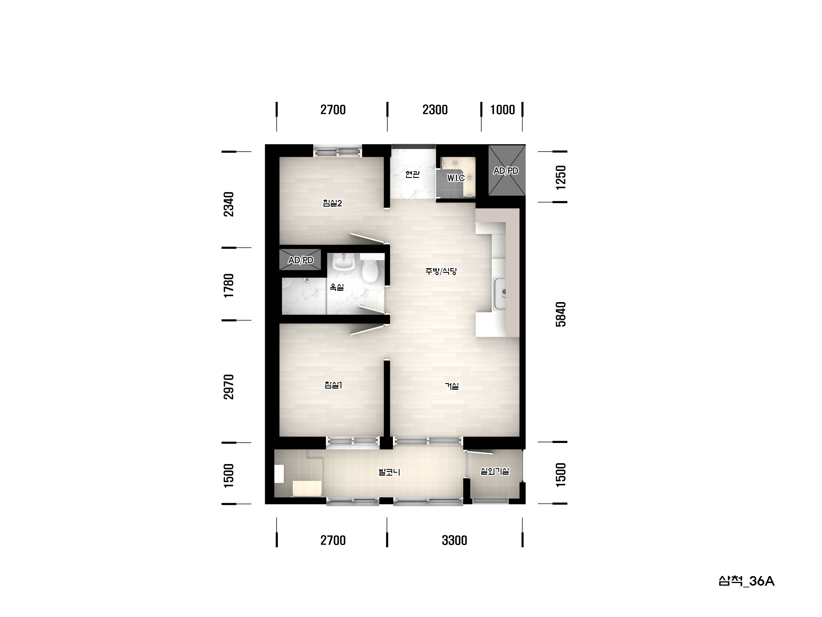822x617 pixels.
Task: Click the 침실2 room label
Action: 332,203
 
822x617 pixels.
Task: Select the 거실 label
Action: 452,386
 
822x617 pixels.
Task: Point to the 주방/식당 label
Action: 441,271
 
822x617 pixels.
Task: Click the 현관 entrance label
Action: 413,174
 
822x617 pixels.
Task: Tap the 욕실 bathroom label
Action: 337,287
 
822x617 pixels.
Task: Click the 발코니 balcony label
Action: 389,472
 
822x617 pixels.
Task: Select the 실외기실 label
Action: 495,471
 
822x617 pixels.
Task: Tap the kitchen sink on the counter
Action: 500,293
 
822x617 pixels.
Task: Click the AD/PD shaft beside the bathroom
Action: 300,259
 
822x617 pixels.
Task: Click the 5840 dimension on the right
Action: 561,314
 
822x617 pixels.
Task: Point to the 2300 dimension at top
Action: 435,110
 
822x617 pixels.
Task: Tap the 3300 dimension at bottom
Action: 454,540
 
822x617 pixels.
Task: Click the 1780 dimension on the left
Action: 228,285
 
